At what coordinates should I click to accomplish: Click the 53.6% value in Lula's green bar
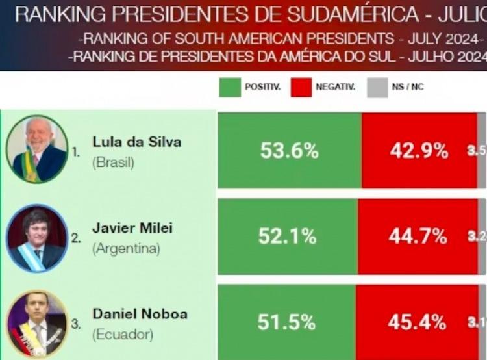coord(290,151)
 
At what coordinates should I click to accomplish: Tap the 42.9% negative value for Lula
coord(419,151)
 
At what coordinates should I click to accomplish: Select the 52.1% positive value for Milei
coord(287,236)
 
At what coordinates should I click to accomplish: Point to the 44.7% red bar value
coord(418,237)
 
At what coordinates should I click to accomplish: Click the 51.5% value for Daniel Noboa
coord(286,322)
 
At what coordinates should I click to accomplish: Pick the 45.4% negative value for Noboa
coord(417,322)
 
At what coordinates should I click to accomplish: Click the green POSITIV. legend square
coord(230,86)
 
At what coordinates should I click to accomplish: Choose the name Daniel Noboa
coord(140,314)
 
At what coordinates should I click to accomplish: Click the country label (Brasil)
coord(114,162)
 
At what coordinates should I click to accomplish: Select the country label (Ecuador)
coord(123,335)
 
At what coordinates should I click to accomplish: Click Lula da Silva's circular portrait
coord(37,149)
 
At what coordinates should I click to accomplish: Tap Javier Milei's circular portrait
coord(36,237)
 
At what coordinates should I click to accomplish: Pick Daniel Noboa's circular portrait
coord(36,323)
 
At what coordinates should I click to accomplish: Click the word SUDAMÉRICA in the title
coord(345,14)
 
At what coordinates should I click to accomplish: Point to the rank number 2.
coord(76,238)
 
